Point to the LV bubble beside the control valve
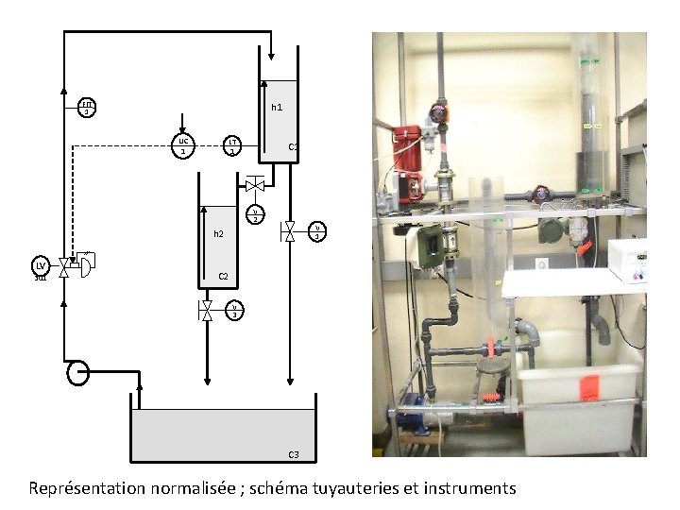[40, 266]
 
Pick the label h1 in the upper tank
[277, 108]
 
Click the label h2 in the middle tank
[218, 233]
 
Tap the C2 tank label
[224, 277]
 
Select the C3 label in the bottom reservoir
[294, 455]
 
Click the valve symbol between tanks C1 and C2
[254, 184]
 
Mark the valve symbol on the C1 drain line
[290, 230]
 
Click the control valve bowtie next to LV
[63, 267]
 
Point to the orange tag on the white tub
[590, 384]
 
